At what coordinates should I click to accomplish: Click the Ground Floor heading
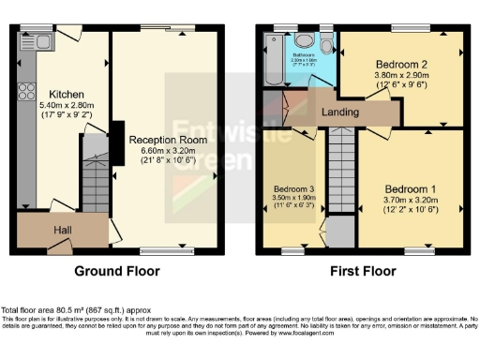coord(118,271)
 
